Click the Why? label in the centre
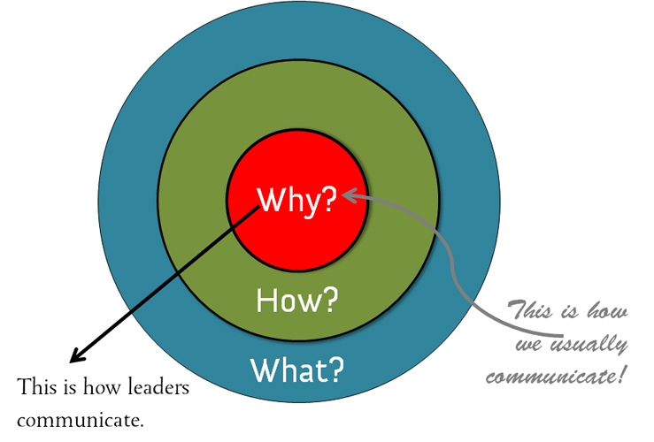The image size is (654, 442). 296,201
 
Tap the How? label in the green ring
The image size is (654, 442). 296,301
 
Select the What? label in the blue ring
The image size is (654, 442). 296,369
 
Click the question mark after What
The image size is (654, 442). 335,369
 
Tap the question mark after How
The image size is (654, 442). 329,301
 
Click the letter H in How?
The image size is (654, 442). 264,301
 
